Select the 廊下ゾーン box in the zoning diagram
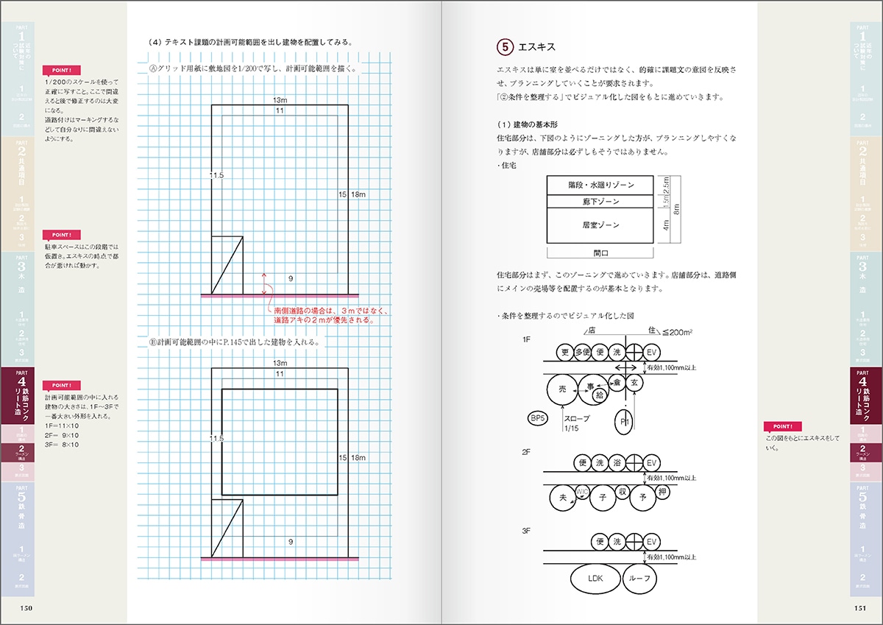600,201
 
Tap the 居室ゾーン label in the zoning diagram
600,225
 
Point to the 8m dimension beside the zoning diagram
675,209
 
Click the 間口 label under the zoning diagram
600,253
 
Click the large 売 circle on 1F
563,388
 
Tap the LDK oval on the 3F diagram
595,578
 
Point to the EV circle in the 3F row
650,542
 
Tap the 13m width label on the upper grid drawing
280,99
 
